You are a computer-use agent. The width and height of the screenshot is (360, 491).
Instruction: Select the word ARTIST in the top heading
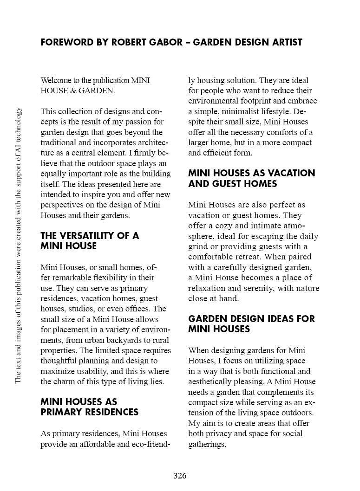(x=283, y=42)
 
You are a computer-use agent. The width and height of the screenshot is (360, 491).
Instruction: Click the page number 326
(x=180, y=476)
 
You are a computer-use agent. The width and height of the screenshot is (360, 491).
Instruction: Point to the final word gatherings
(x=207, y=445)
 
